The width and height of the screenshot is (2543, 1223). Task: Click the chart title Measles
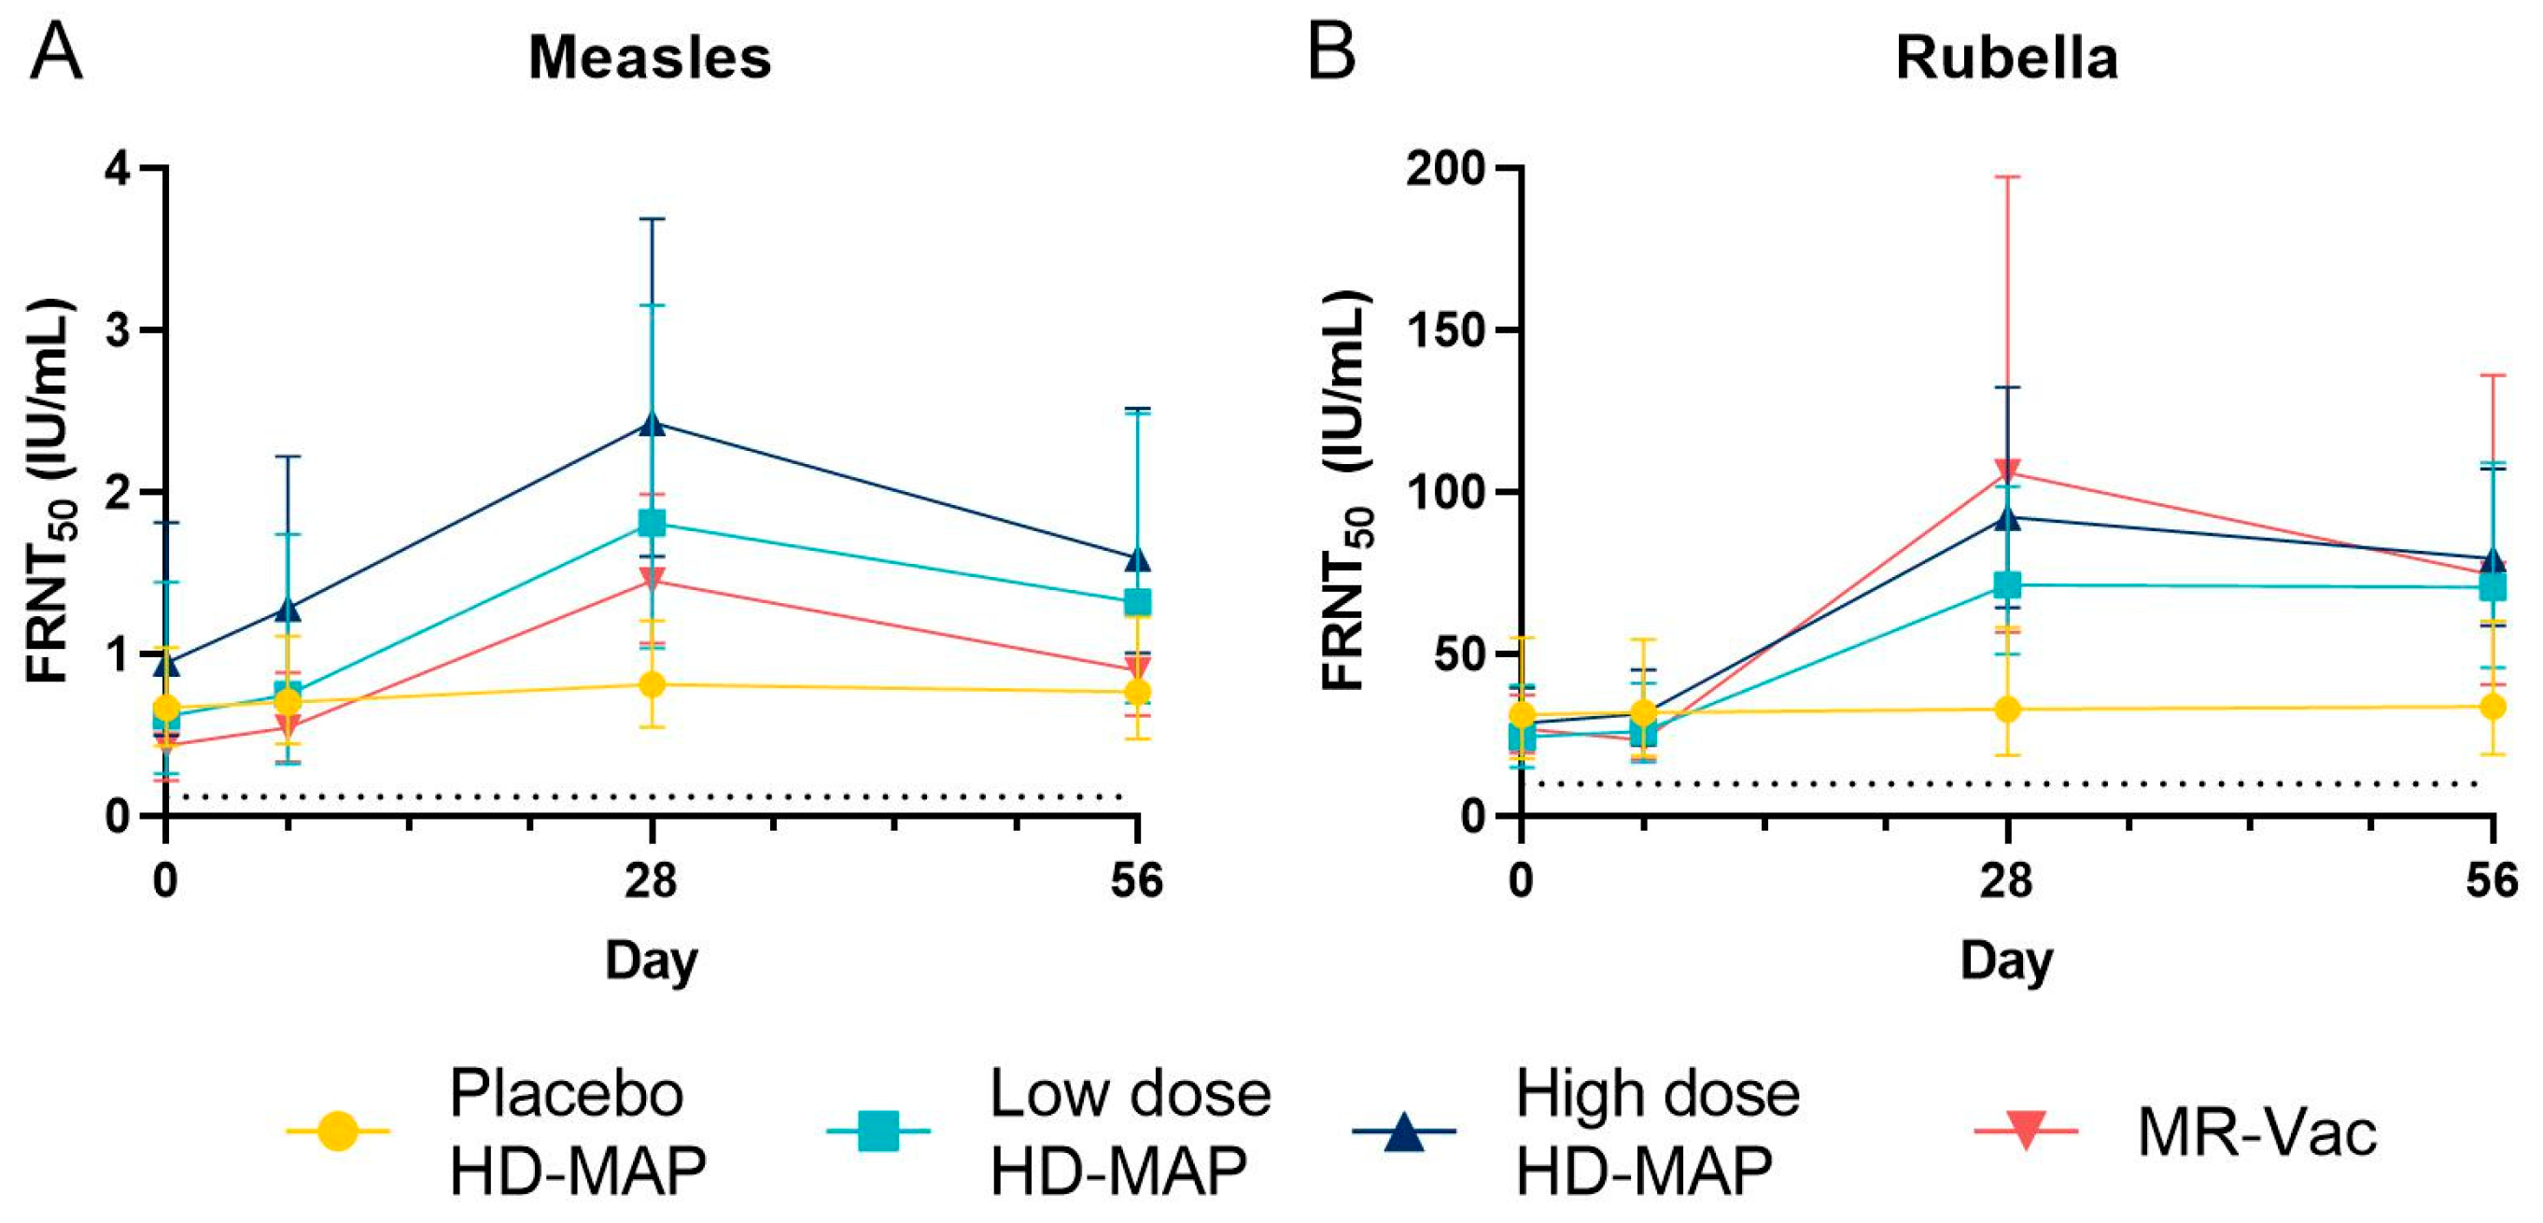click(x=650, y=58)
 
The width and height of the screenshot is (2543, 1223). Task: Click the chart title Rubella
click(x=2006, y=58)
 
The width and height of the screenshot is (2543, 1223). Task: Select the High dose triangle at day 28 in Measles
click(x=652, y=423)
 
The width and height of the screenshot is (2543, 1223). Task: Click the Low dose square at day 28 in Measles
click(x=652, y=522)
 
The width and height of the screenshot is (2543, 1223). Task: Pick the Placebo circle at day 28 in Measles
click(x=652, y=684)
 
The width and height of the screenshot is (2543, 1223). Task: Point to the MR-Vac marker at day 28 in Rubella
click(x=2007, y=470)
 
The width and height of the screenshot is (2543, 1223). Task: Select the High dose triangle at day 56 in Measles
click(x=1138, y=558)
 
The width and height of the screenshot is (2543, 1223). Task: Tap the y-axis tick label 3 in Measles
click(x=119, y=330)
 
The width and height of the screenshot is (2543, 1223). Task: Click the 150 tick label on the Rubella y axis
click(x=1446, y=330)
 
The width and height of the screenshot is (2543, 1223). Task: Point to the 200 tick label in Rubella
click(x=1446, y=169)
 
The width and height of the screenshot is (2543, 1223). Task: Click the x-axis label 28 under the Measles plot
click(x=652, y=879)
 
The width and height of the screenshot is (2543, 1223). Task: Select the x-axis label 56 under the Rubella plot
click(x=2492, y=879)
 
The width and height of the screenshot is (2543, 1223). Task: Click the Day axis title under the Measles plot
click(x=652, y=961)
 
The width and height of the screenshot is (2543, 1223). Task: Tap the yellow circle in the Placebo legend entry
click(x=338, y=1131)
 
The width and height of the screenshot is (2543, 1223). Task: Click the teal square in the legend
click(x=878, y=1131)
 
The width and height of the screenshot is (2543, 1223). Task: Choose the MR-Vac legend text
click(x=2256, y=1132)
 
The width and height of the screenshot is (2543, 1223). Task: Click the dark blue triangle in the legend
click(x=1403, y=1132)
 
